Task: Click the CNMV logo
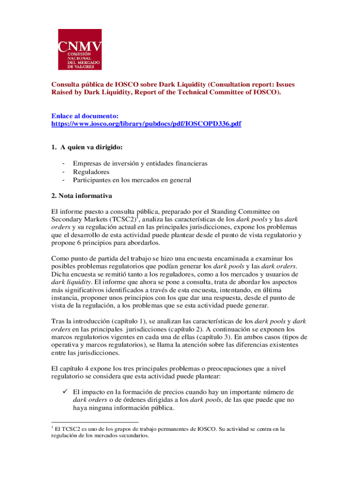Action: (x=79, y=50)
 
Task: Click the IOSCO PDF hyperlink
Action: (x=146, y=124)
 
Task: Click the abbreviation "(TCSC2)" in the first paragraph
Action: (x=123, y=219)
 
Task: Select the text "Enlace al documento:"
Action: (x=85, y=116)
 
